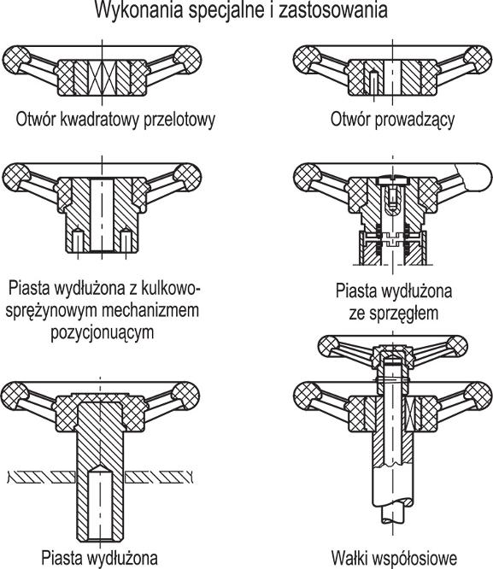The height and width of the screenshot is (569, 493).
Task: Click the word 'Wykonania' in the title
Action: pos(138,10)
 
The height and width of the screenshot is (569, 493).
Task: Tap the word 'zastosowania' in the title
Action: pos(333,10)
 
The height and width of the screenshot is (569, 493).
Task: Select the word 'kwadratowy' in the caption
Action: pos(99,120)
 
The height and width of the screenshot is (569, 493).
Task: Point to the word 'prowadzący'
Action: pos(414,120)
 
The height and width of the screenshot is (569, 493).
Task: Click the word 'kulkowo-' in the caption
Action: pos(170,289)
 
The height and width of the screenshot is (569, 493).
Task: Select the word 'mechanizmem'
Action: pos(150,310)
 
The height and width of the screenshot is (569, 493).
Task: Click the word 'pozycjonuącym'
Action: pos(102,332)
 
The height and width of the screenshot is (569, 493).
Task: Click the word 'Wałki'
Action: pos(349,557)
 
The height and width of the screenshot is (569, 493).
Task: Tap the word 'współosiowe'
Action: pos(414,558)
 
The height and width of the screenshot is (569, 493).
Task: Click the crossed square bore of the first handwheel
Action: pos(102,77)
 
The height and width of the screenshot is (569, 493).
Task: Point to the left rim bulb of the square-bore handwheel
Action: pos(16,60)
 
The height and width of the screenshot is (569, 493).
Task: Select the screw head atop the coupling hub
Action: pos(393,180)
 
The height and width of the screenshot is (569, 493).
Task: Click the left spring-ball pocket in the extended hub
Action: pos(78,241)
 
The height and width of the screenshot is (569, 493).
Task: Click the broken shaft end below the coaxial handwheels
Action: pos(393,514)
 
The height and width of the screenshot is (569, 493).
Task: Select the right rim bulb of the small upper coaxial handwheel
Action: pos(457,346)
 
